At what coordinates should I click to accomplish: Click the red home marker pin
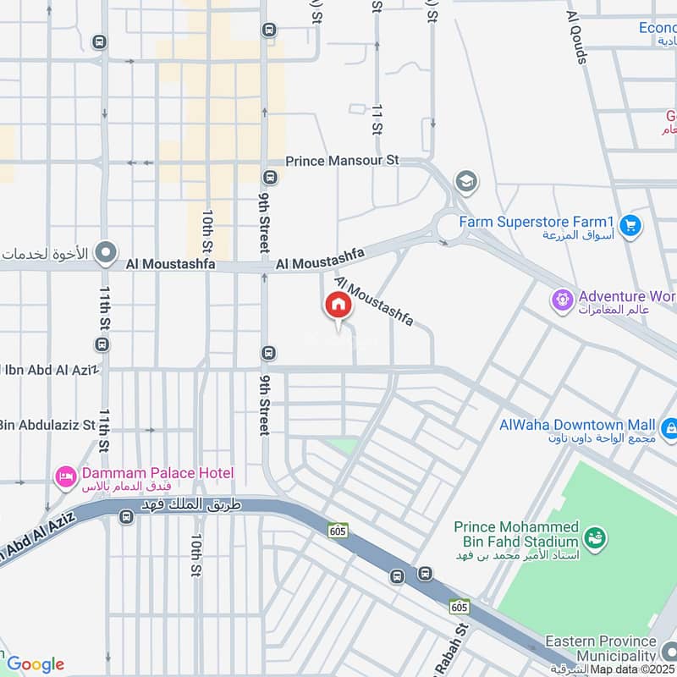(x=338, y=306)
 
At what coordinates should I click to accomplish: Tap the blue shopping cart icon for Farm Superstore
(x=630, y=225)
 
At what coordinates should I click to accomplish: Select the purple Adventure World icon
(x=562, y=299)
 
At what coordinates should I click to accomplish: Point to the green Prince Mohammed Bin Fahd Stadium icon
(x=596, y=537)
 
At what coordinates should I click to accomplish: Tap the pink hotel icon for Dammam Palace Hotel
(x=65, y=478)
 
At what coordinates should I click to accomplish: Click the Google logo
(x=35, y=663)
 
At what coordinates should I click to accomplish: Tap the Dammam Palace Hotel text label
(x=157, y=473)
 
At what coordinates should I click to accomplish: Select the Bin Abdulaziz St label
(x=47, y=425)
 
